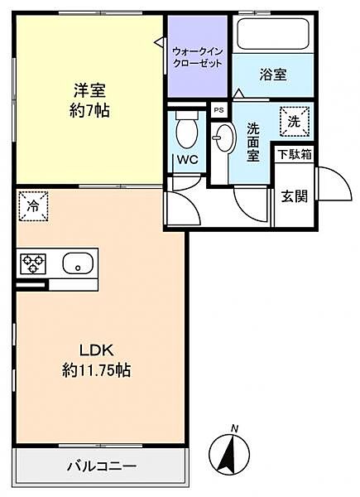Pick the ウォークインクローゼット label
coord(198,56)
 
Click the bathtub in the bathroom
coord(273,36)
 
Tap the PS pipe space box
coord(218,109)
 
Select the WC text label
coord(186,159)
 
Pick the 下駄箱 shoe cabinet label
coord(295,154)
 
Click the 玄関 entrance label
coord(295,195)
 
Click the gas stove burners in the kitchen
coord(34,264)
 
